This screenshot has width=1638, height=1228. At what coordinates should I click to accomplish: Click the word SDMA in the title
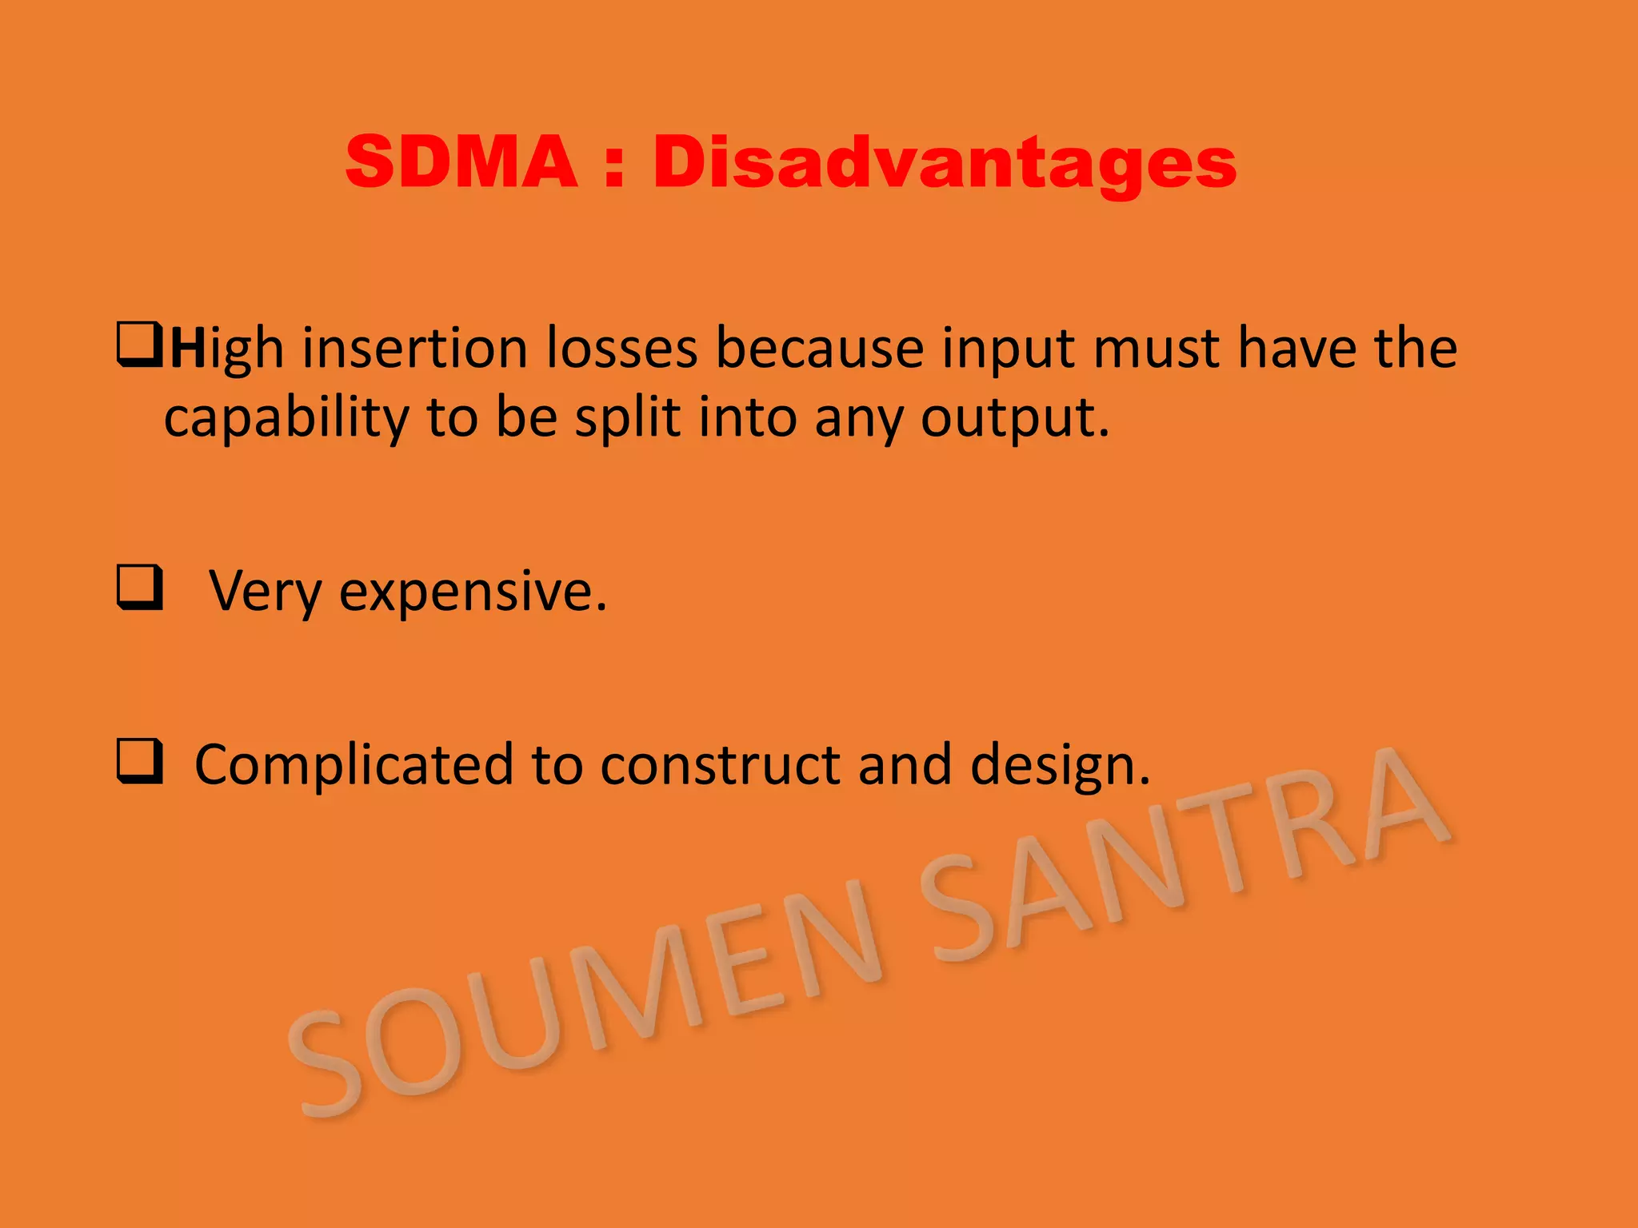pos(461,162)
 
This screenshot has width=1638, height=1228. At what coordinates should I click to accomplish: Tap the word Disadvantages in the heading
pos(945,164)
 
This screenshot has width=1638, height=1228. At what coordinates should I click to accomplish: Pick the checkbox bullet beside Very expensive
pos(140,588)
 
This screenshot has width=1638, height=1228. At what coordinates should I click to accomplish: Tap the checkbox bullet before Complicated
pos(140,761)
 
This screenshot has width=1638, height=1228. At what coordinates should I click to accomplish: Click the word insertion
pos(414,349)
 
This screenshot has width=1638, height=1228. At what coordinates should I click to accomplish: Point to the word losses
pos(621,349)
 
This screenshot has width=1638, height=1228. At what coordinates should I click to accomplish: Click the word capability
pos(286,419)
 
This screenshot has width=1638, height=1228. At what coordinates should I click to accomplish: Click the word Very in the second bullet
pos(265,592)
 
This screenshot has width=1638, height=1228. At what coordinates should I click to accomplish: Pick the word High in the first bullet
pos(227,350)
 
